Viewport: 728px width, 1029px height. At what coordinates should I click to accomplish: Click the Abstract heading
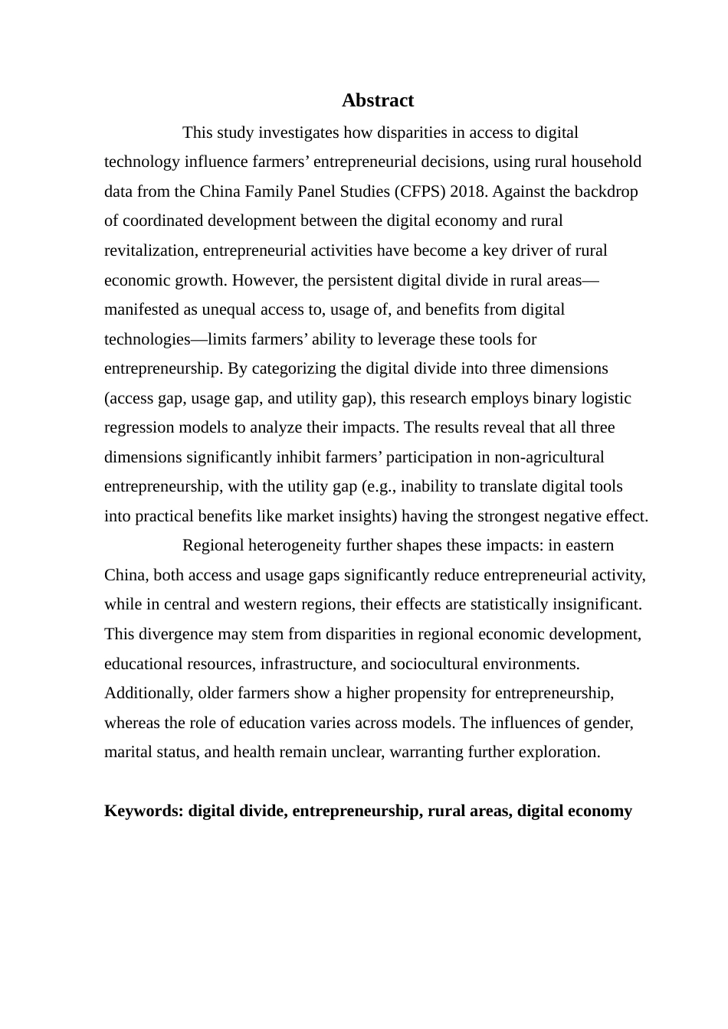click(378, 100)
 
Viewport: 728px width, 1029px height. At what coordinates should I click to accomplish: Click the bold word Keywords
click(143, 811)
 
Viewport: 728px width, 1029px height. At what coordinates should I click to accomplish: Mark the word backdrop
click(606, 191)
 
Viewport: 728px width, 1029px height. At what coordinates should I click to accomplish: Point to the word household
click(603, 162)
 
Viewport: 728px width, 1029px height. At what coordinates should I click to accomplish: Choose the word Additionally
click(147, 694)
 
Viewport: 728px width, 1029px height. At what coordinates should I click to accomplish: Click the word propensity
click(430, 694)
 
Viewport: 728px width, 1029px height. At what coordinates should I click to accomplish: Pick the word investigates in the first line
click(297, 132)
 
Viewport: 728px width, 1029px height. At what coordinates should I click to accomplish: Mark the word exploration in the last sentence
click(559, 752)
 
